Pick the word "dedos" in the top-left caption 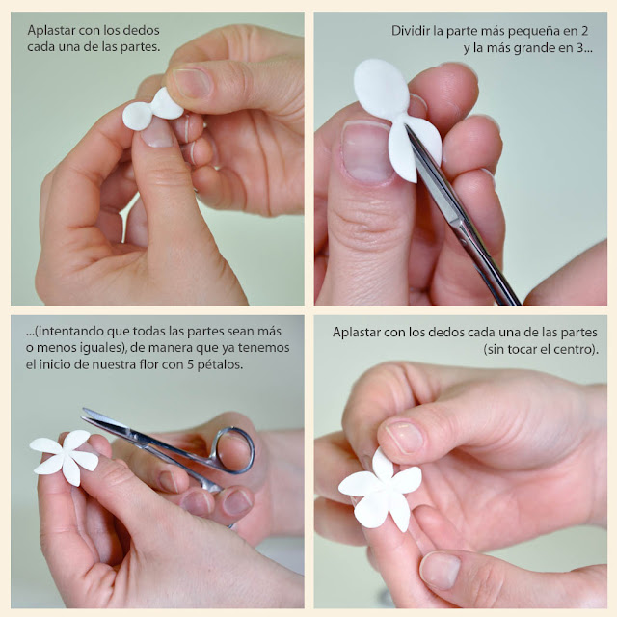click(142, 30)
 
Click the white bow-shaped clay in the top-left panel click(152, 109)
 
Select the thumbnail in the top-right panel click(366, 152)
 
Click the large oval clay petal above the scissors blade click(382, 89)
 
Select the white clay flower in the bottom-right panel click(381, 490)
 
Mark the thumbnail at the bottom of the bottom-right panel click(440, 570)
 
